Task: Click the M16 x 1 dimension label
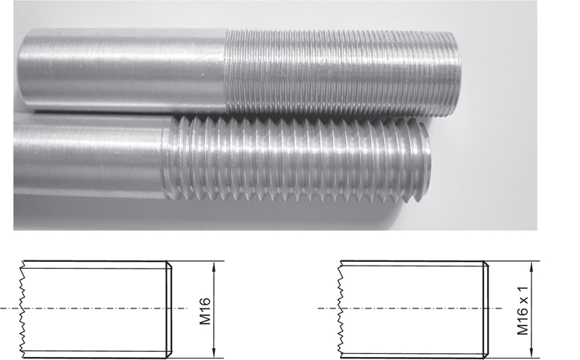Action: point(522,309)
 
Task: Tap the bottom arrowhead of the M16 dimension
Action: point(215,353)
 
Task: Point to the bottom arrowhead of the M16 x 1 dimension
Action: point(531,353)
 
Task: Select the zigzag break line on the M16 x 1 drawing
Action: point(341,308)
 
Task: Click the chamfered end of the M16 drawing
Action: point(168,308)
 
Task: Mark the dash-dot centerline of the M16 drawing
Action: point(97,308)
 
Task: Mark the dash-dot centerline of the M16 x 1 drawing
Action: point(412,308)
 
